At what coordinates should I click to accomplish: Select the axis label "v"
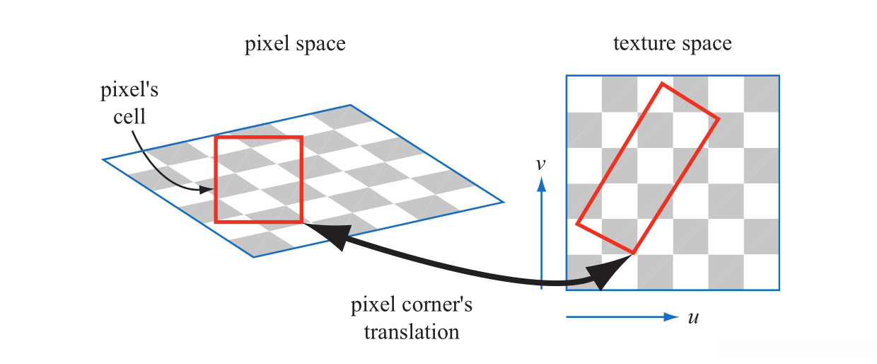click(x=540, y=164)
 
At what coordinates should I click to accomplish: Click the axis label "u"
click(x=693, y=317)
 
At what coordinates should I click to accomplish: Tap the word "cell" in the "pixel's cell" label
click(x=129, y=115)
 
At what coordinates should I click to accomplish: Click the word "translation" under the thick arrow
click(x=412, y=331)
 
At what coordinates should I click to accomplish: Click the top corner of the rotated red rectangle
click(x=662, y=84)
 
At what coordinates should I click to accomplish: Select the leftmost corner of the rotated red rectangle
click(x=577, y=224)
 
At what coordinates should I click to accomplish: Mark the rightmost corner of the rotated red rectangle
click(x=719, y=118)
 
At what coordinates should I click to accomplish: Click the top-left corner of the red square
click(x=216, y=137)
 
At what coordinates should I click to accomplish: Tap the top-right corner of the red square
click(x=302, y=137)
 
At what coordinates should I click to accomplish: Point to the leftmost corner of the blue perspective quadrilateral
click(x=103, y=160)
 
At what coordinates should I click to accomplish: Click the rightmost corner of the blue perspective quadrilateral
click(x=504, y=202)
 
